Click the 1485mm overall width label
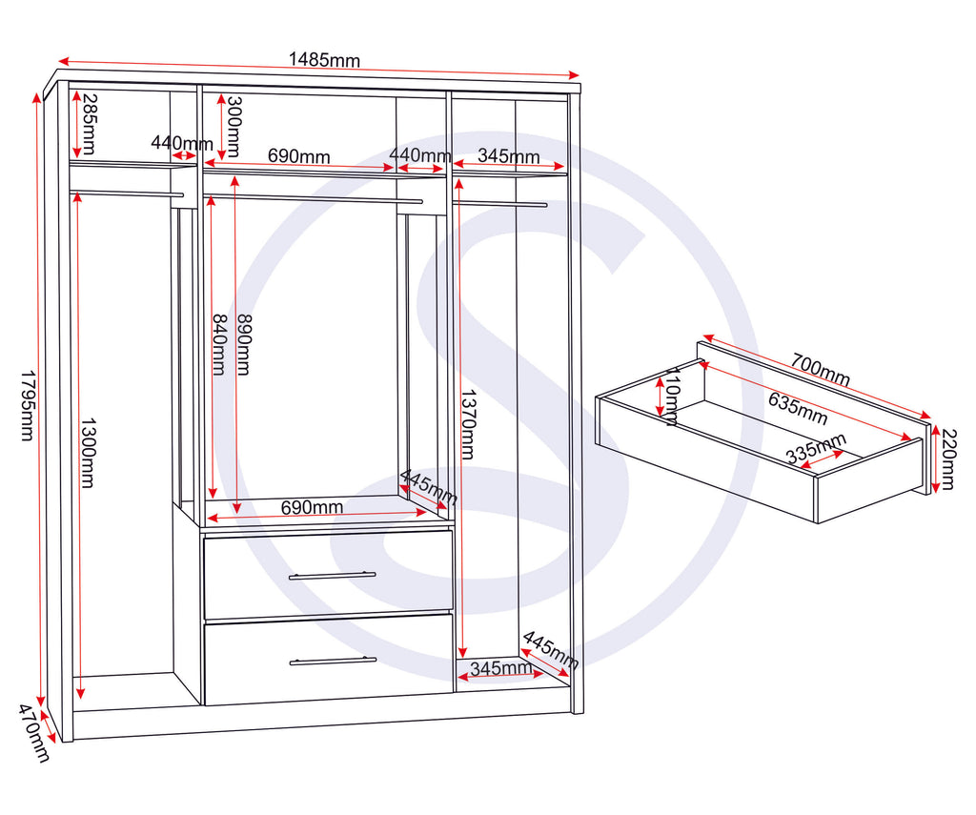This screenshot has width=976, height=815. coord(324,60)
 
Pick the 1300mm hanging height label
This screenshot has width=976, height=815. coord(87,453)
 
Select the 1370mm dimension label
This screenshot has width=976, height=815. coord(466,424)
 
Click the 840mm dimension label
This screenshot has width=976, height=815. coord(219,344)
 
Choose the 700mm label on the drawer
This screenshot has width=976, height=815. coord(820,369)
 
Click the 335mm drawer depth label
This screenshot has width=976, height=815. coord(816,449)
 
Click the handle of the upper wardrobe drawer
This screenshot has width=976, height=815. coord(332,576)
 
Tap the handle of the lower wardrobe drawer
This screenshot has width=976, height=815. coord(332,661)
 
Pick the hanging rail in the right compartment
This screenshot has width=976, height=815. coord(500,203)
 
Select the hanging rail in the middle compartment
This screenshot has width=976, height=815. coord(315,199)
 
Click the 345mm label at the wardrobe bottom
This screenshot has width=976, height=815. coord(501,668)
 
